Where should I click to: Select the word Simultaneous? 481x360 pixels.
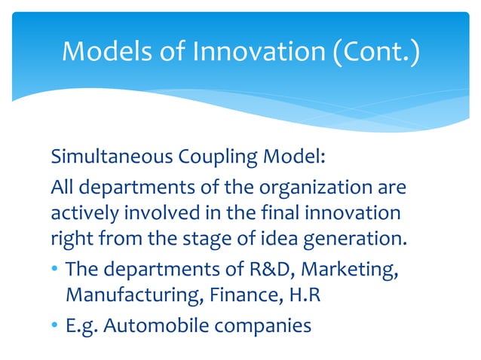(x=113, y=160)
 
